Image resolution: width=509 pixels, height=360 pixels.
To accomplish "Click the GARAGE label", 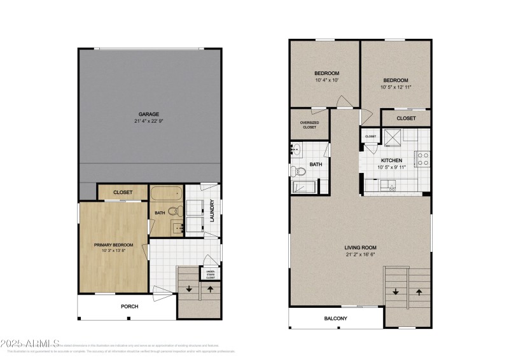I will (x=150, y=114).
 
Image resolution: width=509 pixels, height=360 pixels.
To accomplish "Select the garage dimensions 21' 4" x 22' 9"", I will (x=150, y=121).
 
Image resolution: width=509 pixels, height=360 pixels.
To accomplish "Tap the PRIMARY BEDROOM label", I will (x=113, y=245).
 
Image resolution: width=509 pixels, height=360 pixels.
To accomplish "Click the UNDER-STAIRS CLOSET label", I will (x=210, y=275).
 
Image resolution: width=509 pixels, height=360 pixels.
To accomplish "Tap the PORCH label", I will (x=130, y=306).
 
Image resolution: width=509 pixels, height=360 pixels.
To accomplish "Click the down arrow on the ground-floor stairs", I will (x=189, y=289).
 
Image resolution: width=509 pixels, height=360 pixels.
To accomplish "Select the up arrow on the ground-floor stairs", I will (x=210, y=289).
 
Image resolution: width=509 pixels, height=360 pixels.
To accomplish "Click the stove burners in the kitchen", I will (x=422, y=158).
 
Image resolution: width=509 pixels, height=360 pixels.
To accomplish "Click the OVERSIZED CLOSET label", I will (x=309, y=125).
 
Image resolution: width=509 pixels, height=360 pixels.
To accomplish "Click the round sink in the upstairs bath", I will (x=297, y=151).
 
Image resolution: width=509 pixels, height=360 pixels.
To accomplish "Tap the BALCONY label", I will (x=336, y=318).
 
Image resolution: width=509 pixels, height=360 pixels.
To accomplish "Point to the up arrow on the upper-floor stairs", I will (x=418, y=292).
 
